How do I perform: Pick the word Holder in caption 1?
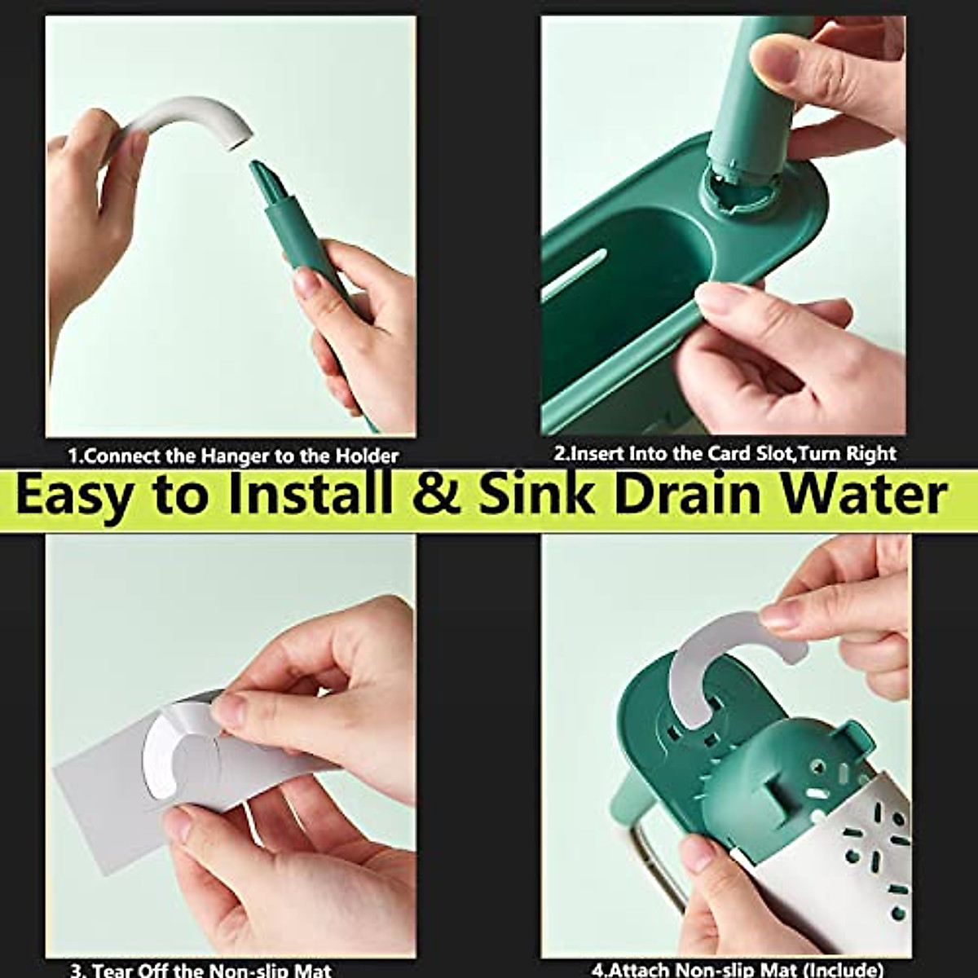click(364, 456)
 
